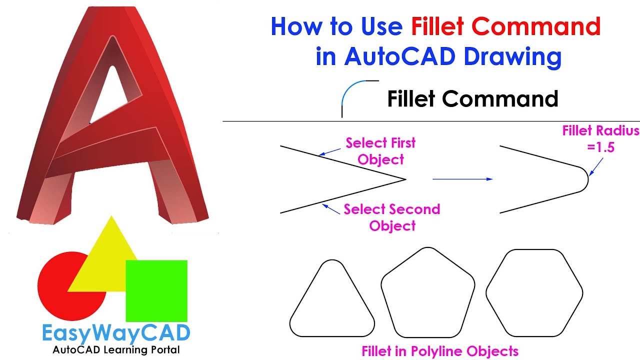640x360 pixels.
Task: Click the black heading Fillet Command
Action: point(472,99)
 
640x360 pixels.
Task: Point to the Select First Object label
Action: point(380,151)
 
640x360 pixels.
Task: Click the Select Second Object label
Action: point(392,217)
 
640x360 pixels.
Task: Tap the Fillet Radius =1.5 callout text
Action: point(600,139)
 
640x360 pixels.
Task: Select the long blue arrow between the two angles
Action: point(462,179)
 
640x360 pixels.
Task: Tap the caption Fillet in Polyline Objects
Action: point(439,350)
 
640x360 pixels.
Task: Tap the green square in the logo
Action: point(156,290)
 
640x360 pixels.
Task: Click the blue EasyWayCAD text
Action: point(116,333)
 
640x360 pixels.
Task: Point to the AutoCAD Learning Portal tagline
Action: point(116,349)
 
